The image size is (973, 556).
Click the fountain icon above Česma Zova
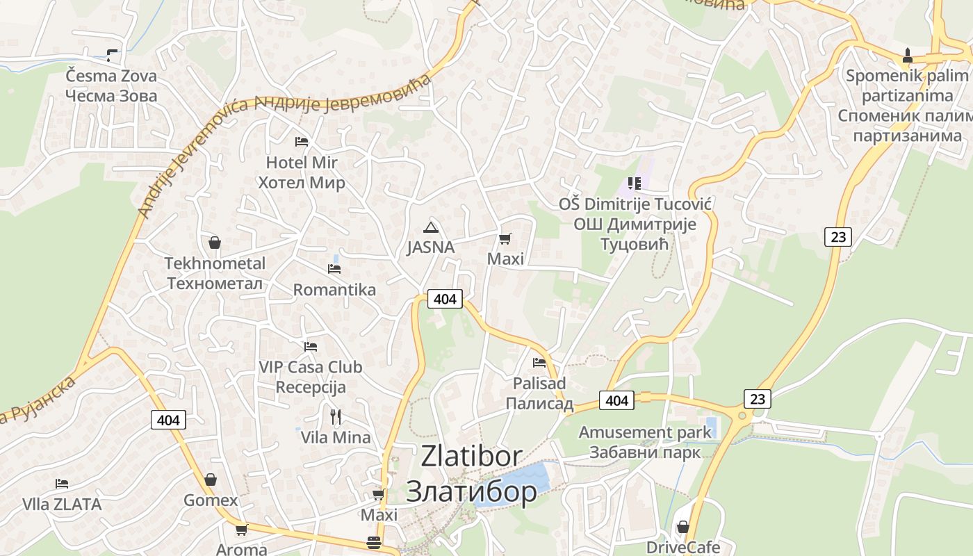point(111,55)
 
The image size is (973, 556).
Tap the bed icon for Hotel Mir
point(302,142)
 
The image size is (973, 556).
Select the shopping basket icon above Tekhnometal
point(215,243)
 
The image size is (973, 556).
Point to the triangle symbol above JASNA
point(431,227)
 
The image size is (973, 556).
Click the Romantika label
point(334,290)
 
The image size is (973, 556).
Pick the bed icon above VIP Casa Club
point(311,346)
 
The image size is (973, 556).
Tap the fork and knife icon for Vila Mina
point(336,416)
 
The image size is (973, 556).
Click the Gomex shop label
point(211,500)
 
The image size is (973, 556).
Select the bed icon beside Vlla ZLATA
point(62,484)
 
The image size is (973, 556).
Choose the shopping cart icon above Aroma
point(241,530)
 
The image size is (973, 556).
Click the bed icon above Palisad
point(539,362)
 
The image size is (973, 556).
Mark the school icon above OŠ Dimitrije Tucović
point(634,183)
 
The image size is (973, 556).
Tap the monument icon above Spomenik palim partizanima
point(907,55)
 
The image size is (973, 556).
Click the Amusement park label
point(645,432)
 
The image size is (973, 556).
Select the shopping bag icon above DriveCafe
point(682,527)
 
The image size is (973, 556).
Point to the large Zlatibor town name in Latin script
point(471,456)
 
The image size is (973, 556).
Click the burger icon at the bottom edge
point(374,543)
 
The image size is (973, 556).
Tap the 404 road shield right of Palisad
point(616,400)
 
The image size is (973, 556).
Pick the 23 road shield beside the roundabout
point(757,399)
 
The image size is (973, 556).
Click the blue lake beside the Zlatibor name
point(518,480)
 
